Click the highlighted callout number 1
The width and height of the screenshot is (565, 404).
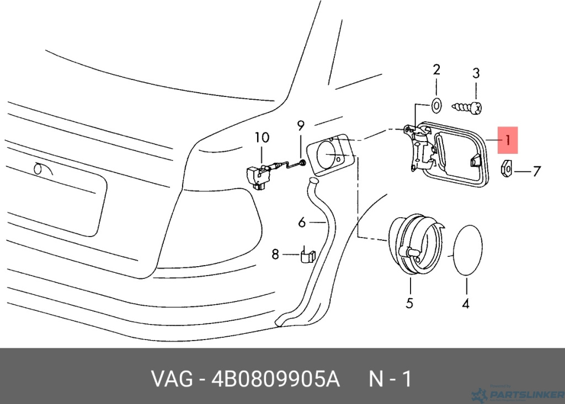tap(508, 140)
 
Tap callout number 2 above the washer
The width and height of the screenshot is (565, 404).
tap(436, 69)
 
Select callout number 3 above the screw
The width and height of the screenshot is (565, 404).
tap(476, 73)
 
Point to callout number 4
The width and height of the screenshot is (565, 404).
tap(466, 303)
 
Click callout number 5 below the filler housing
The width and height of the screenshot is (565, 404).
tap(409, 303)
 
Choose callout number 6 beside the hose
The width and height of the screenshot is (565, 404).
tap(302, 222)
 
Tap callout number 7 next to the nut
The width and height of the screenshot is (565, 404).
tap(537, 171)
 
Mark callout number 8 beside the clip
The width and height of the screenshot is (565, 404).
tap(275, 255)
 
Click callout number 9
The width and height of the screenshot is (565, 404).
tap(301, 126)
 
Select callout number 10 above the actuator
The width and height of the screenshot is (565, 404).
tap(262, 138)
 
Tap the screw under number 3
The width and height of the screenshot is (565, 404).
tap(467, 107)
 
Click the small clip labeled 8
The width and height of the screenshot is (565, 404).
tap(307, 256)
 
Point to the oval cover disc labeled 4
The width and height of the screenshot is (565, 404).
tap(467, 250)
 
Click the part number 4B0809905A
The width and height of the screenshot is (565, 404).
tap(275, 379)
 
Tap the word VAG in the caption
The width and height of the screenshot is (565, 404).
tap(172, 379)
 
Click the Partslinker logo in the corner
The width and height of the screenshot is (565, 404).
tap(518, 394)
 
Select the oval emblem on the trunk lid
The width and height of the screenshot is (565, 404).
tap(40, 168)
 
